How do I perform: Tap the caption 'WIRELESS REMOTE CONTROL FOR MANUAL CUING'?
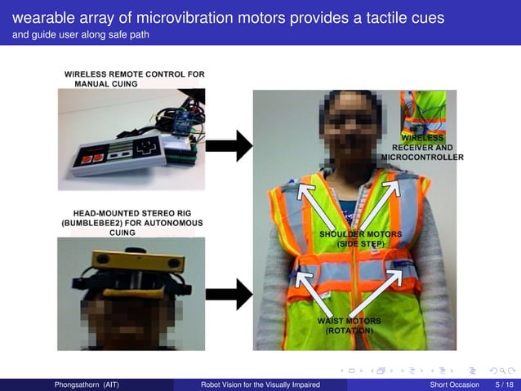pos(134,78)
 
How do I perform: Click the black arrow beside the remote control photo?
pos(228,146)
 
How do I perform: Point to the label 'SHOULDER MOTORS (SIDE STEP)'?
pos(354,238)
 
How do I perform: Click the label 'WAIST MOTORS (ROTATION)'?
pos(350,326)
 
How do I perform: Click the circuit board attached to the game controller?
pos(181,147)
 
